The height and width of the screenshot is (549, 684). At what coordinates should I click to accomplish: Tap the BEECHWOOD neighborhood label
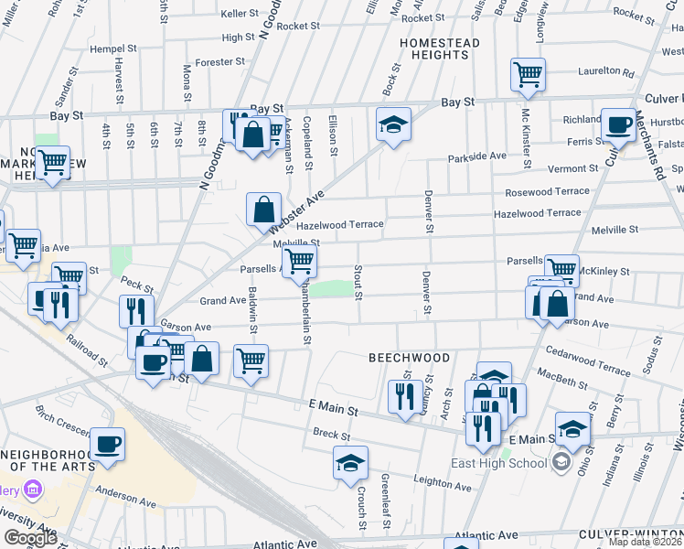click(409, 358)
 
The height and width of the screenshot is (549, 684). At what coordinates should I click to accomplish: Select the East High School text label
click(499, 462)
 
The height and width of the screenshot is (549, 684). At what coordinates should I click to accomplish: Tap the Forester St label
click(221, 62)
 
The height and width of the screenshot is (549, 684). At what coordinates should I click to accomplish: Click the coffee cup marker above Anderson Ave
click(108, 443)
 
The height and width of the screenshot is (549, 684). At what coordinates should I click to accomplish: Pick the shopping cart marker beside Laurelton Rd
click(529, 73)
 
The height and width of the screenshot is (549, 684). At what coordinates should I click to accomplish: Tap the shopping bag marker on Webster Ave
click(263, 209)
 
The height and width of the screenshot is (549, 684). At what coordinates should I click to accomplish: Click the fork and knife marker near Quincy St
click(401, 396)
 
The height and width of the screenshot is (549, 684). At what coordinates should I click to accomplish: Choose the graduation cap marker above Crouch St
click(349, 463)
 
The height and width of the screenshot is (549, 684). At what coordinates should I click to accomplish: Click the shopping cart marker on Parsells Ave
click(300, 261)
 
